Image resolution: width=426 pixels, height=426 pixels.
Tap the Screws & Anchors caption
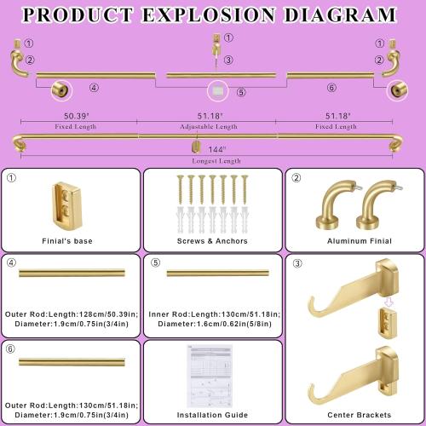[213, 241]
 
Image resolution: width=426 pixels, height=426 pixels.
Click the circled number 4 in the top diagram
[94, 87]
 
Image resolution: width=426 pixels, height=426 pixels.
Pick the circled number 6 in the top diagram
[331, 87]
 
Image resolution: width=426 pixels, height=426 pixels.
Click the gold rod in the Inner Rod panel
[218, 273]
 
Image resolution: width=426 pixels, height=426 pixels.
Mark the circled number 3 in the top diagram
[229, 60]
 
